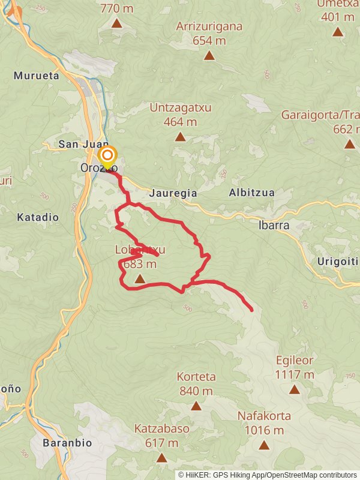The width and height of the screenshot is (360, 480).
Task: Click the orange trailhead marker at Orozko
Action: point(107,155)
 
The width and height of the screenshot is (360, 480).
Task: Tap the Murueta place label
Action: point(36,76)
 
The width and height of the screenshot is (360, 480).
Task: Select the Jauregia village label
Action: point(172,194)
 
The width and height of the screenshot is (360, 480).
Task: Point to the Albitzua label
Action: point(251,193)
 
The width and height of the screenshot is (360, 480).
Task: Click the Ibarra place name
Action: point(274,226)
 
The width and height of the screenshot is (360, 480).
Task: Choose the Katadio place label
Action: point(38,217)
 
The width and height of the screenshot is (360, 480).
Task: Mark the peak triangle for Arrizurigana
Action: point(209,56)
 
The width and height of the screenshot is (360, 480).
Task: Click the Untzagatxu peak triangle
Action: point(180,137)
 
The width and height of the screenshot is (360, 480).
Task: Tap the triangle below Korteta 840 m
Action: point(196,406)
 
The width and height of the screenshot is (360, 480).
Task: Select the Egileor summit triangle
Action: point(294,389)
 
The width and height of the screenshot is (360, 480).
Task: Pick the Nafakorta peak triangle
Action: point(264,445)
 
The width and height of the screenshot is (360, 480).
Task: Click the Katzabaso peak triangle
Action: point(161,458)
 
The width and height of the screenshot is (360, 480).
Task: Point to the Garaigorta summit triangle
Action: point(350,144)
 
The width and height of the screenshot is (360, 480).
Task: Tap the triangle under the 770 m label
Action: point(117,23)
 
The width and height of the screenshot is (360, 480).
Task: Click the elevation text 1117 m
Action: point(295,374)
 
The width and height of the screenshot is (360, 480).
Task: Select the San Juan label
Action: point(83,145)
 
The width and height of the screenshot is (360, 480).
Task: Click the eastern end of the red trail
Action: point(251,310)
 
